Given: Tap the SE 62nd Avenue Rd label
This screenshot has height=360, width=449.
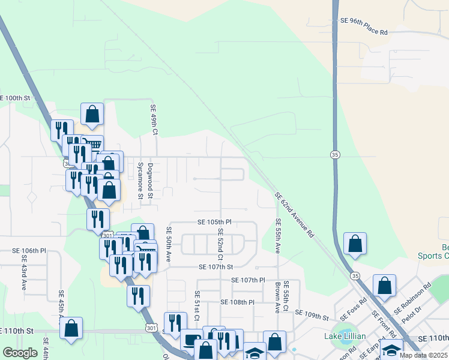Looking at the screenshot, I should [295, 215].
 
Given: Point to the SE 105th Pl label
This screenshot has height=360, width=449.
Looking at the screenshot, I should [214, 222].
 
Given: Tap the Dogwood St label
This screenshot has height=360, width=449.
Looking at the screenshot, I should [151, 178].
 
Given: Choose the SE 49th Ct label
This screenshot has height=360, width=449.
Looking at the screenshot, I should [154, 119].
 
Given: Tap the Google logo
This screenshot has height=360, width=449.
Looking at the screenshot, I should [20, 353].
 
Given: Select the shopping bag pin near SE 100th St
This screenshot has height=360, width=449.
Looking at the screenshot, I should [92, 114].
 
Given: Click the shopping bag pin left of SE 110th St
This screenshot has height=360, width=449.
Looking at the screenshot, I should [71, 328].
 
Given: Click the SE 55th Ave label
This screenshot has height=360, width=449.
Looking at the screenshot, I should [278, 235].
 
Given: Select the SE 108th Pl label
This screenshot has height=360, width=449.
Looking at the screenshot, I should [238, 302].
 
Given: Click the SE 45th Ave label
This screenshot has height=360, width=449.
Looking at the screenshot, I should [61, 307].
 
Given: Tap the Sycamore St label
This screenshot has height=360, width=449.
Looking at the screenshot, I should [141, 179].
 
